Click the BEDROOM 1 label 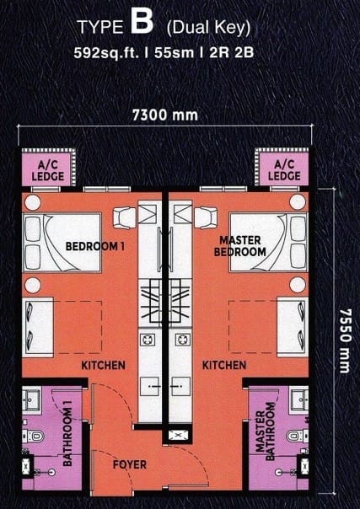(94, 246)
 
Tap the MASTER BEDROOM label (240, 246)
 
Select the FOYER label (130, 464)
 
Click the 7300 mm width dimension (165, 115)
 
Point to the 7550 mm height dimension (345, 340)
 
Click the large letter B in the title (142, 23)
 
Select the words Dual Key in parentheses (208, 29)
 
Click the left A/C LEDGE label (48, 170)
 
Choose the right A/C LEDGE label (284, 170)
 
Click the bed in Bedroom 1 (62, 243)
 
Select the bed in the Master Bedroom (268, 243)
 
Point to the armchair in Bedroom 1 (124, 217)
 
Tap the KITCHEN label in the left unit (103, 365)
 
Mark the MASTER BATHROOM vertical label (266, 431)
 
